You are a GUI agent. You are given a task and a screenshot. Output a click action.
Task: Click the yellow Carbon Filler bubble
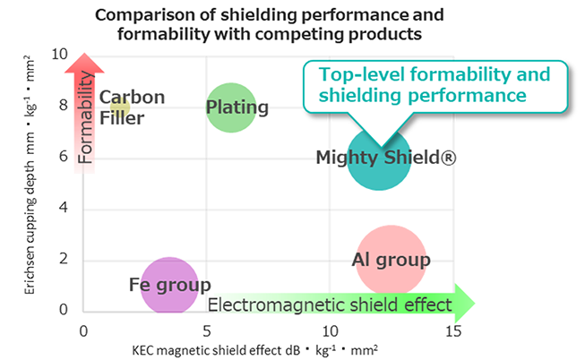tap(121, 107)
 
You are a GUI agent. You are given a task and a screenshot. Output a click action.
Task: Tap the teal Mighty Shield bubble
tap(378, 159)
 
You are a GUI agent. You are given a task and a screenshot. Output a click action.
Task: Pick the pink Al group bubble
tap(391, 260)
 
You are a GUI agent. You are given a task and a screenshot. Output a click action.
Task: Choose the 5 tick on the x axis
tap(207, 330)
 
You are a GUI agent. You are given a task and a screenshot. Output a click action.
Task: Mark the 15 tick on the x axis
tap(453, 330)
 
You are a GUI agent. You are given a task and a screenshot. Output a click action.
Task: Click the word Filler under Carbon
tap(122, 117)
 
